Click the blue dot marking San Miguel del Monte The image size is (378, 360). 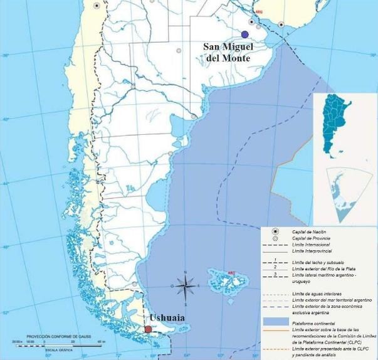coord(244,34)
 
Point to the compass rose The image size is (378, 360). coord(186,287)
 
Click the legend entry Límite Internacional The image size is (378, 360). coord(311,245)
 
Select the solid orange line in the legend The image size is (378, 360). coord(276,329)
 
